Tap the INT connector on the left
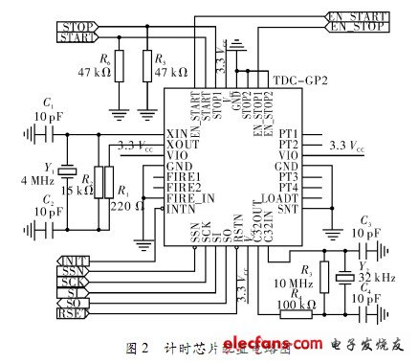pyautogui.click(x=73, y=260)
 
